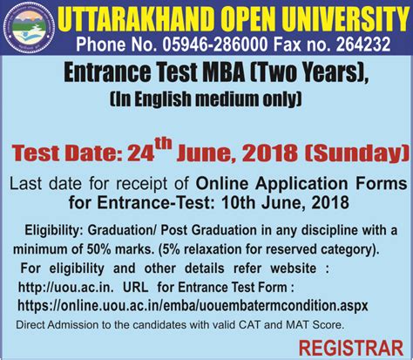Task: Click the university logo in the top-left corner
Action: [x=28, y=29]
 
